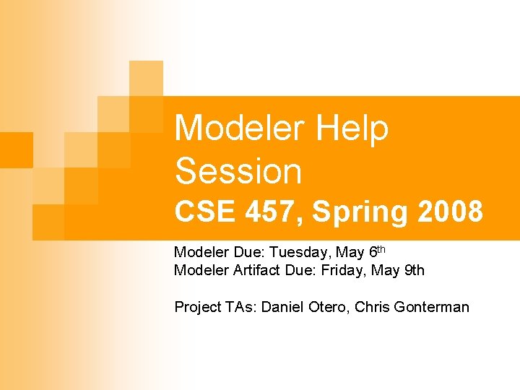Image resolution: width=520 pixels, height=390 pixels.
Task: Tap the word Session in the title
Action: tap(238, 172)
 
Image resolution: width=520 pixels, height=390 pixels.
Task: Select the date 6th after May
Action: tap(377, 251)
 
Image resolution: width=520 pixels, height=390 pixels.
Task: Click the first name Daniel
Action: tap(282, 307)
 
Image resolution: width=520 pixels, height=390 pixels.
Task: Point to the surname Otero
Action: tap(327, 307)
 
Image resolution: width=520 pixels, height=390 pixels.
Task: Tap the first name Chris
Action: tap(373, 307)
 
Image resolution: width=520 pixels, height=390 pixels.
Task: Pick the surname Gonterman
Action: tap(432, 307)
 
